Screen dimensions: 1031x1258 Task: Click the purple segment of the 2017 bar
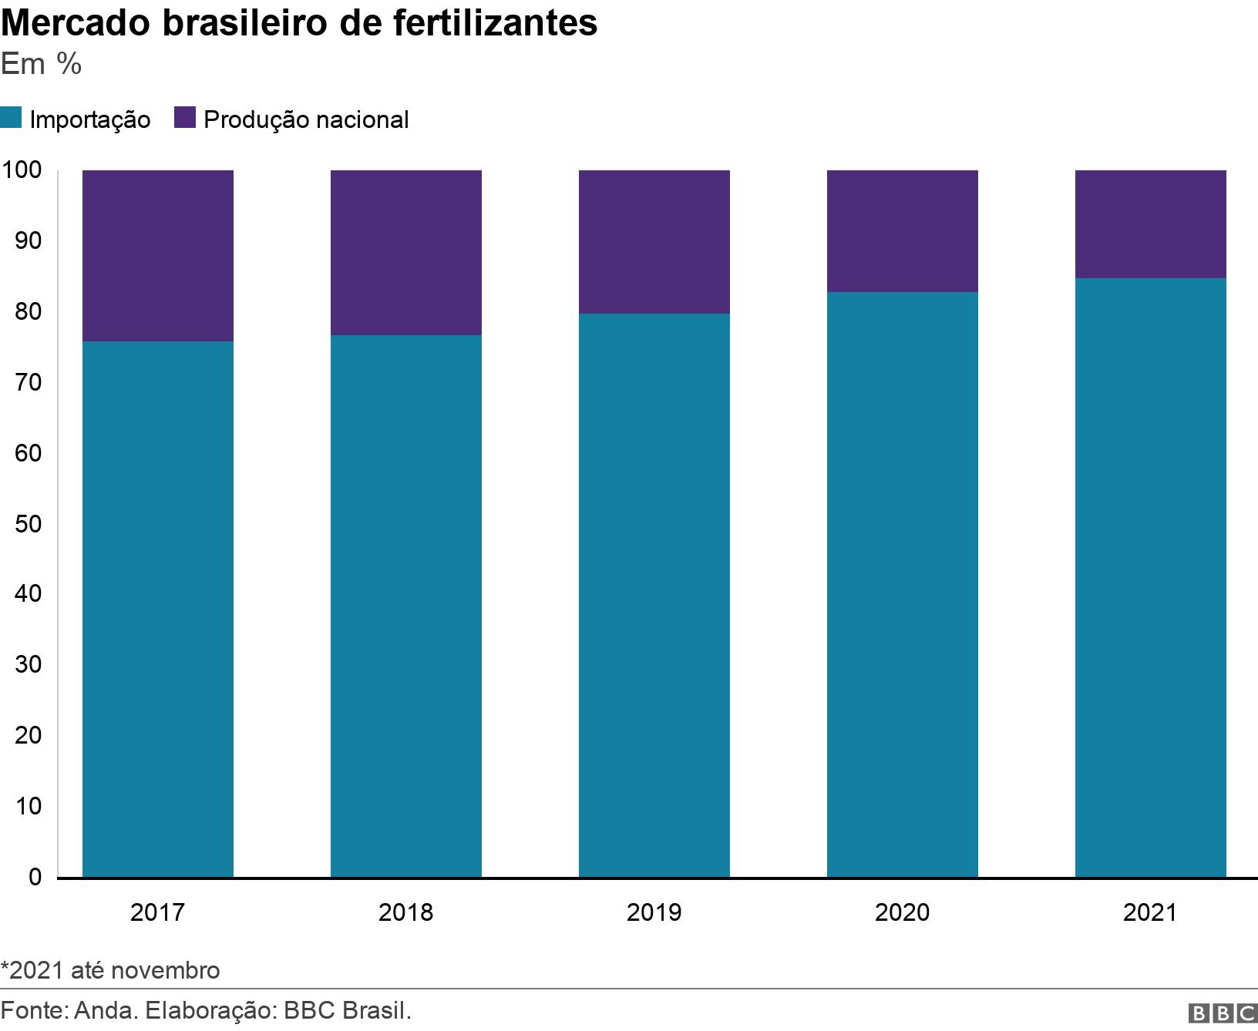(157, 255)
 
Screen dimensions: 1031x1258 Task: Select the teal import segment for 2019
(654, 595)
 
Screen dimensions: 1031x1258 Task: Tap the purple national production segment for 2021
(1150, 223)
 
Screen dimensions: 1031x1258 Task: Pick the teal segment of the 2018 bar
(405, 606)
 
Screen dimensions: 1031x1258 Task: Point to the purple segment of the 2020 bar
(902, 230)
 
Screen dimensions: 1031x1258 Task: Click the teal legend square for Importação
(11, 119)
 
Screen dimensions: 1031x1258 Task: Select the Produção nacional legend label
(306, 119)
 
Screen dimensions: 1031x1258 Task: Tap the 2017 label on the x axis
(157, 912)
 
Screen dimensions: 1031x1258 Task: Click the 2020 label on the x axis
(902, 912)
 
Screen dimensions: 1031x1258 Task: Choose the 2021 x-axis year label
(1150, 912)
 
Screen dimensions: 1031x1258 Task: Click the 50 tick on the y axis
(28, 523)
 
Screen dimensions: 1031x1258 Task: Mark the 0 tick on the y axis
(35, 876)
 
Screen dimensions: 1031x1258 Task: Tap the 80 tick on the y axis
(28, 311)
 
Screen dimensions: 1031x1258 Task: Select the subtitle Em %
(41, 65)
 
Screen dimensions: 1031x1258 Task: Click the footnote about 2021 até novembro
(110, 969)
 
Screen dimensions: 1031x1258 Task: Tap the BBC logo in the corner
(1222, 1013)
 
